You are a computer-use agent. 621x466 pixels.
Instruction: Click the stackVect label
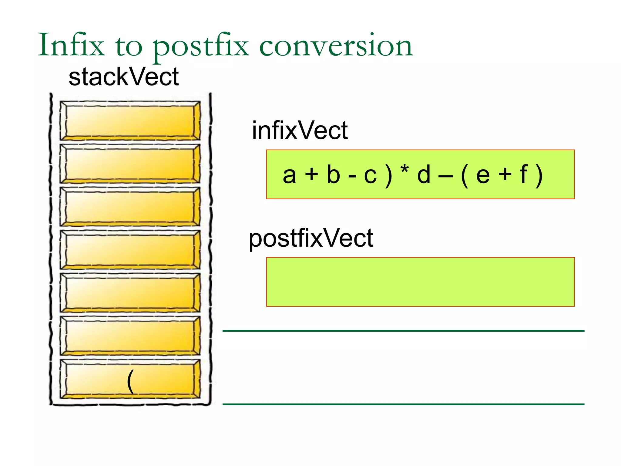[x=123, y=77]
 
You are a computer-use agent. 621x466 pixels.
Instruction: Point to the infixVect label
[x=300, y=130]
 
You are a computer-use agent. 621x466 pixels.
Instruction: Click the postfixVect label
[x=311, y=238]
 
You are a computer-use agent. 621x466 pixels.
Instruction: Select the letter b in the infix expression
[x=333, y=175]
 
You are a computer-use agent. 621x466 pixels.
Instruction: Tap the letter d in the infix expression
[x=424, y=175]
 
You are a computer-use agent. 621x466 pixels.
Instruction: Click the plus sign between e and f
[x=505, y=175]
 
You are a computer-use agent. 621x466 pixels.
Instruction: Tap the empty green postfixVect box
[x=420, y=282]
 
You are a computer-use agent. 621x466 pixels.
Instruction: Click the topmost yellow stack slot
[x=130, y=120]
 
